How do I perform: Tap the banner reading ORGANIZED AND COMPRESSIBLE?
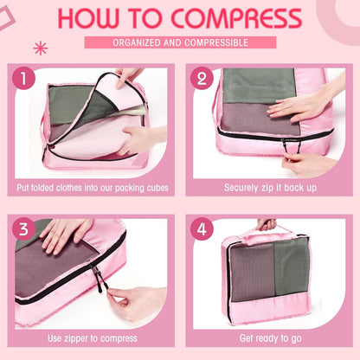(x=180, y=42)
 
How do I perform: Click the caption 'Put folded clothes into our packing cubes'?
(x=90, y=187)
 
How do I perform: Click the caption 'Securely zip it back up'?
(x=269, y=187)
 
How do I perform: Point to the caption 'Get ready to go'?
(x=269, y=337)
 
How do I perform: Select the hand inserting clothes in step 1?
(x=138, y=138)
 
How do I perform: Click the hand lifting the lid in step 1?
(x=129, y=76)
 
